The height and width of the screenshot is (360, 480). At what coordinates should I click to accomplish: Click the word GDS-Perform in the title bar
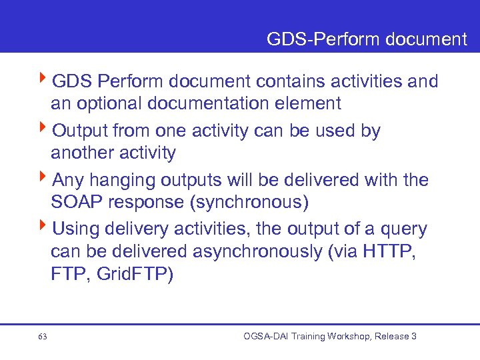point(323,39)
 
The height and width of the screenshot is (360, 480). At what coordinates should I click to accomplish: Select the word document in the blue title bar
point(426,39)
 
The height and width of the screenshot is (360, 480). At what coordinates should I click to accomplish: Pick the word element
point(311,104)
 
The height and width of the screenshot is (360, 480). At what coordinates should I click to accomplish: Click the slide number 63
point(43,337)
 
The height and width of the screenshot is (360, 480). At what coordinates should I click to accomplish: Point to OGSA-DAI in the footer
point(266,337)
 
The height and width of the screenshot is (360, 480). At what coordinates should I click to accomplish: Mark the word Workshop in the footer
point(345,337)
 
